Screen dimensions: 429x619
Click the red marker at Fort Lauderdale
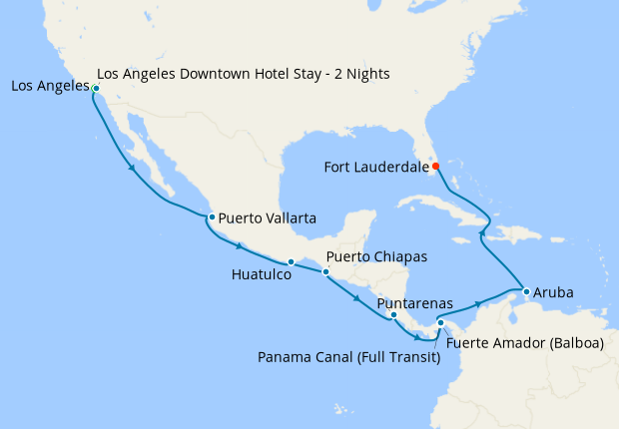(435, 167)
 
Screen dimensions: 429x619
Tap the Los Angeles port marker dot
(96, 89)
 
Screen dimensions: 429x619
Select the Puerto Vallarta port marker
(211, 216)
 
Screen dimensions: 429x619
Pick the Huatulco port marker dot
(291, 262)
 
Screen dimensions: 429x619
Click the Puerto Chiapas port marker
(324, 271)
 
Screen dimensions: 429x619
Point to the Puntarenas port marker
(393, 315)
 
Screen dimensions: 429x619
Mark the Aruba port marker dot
(525, 291)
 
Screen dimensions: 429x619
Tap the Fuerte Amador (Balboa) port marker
(440, 322)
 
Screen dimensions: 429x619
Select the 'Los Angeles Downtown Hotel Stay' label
(244, 74)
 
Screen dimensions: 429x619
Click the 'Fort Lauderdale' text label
(377, 168)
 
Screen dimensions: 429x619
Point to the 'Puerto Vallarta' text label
(268, 216)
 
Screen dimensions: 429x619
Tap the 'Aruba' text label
(553, 293)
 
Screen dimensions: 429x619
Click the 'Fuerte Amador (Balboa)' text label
(525, 343)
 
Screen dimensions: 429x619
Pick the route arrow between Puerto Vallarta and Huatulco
(240, 245)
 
